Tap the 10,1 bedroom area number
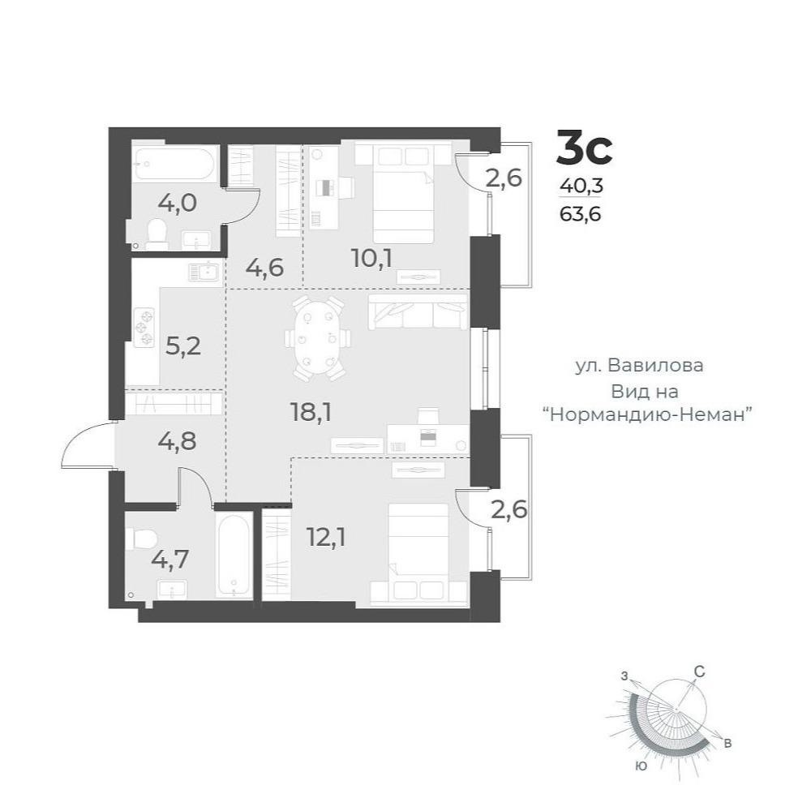[371, 258]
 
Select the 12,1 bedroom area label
[326, 538]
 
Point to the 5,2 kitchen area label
[183, 346]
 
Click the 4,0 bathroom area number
[178, 203]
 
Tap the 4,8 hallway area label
[178, 441]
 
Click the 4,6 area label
[265, 268]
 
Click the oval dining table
[318, 338]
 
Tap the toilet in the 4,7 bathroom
[140, 539]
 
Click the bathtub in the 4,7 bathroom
[234, 556]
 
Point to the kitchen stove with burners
[144, 327]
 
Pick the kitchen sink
[204, 272]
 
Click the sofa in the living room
[418, 311]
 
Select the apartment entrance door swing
[85, 444]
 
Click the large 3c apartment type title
[584, 148]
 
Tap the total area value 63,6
[581, 213]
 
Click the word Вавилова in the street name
[655, 366]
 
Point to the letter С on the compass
[699, 672]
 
